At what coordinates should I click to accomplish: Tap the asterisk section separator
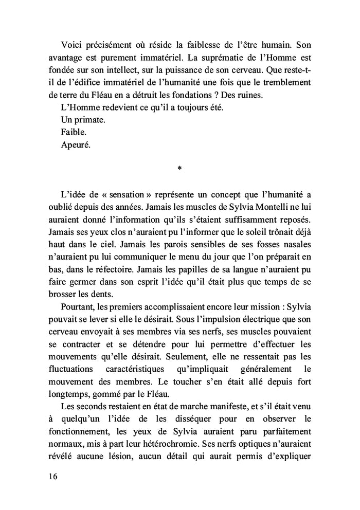point(179,168)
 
